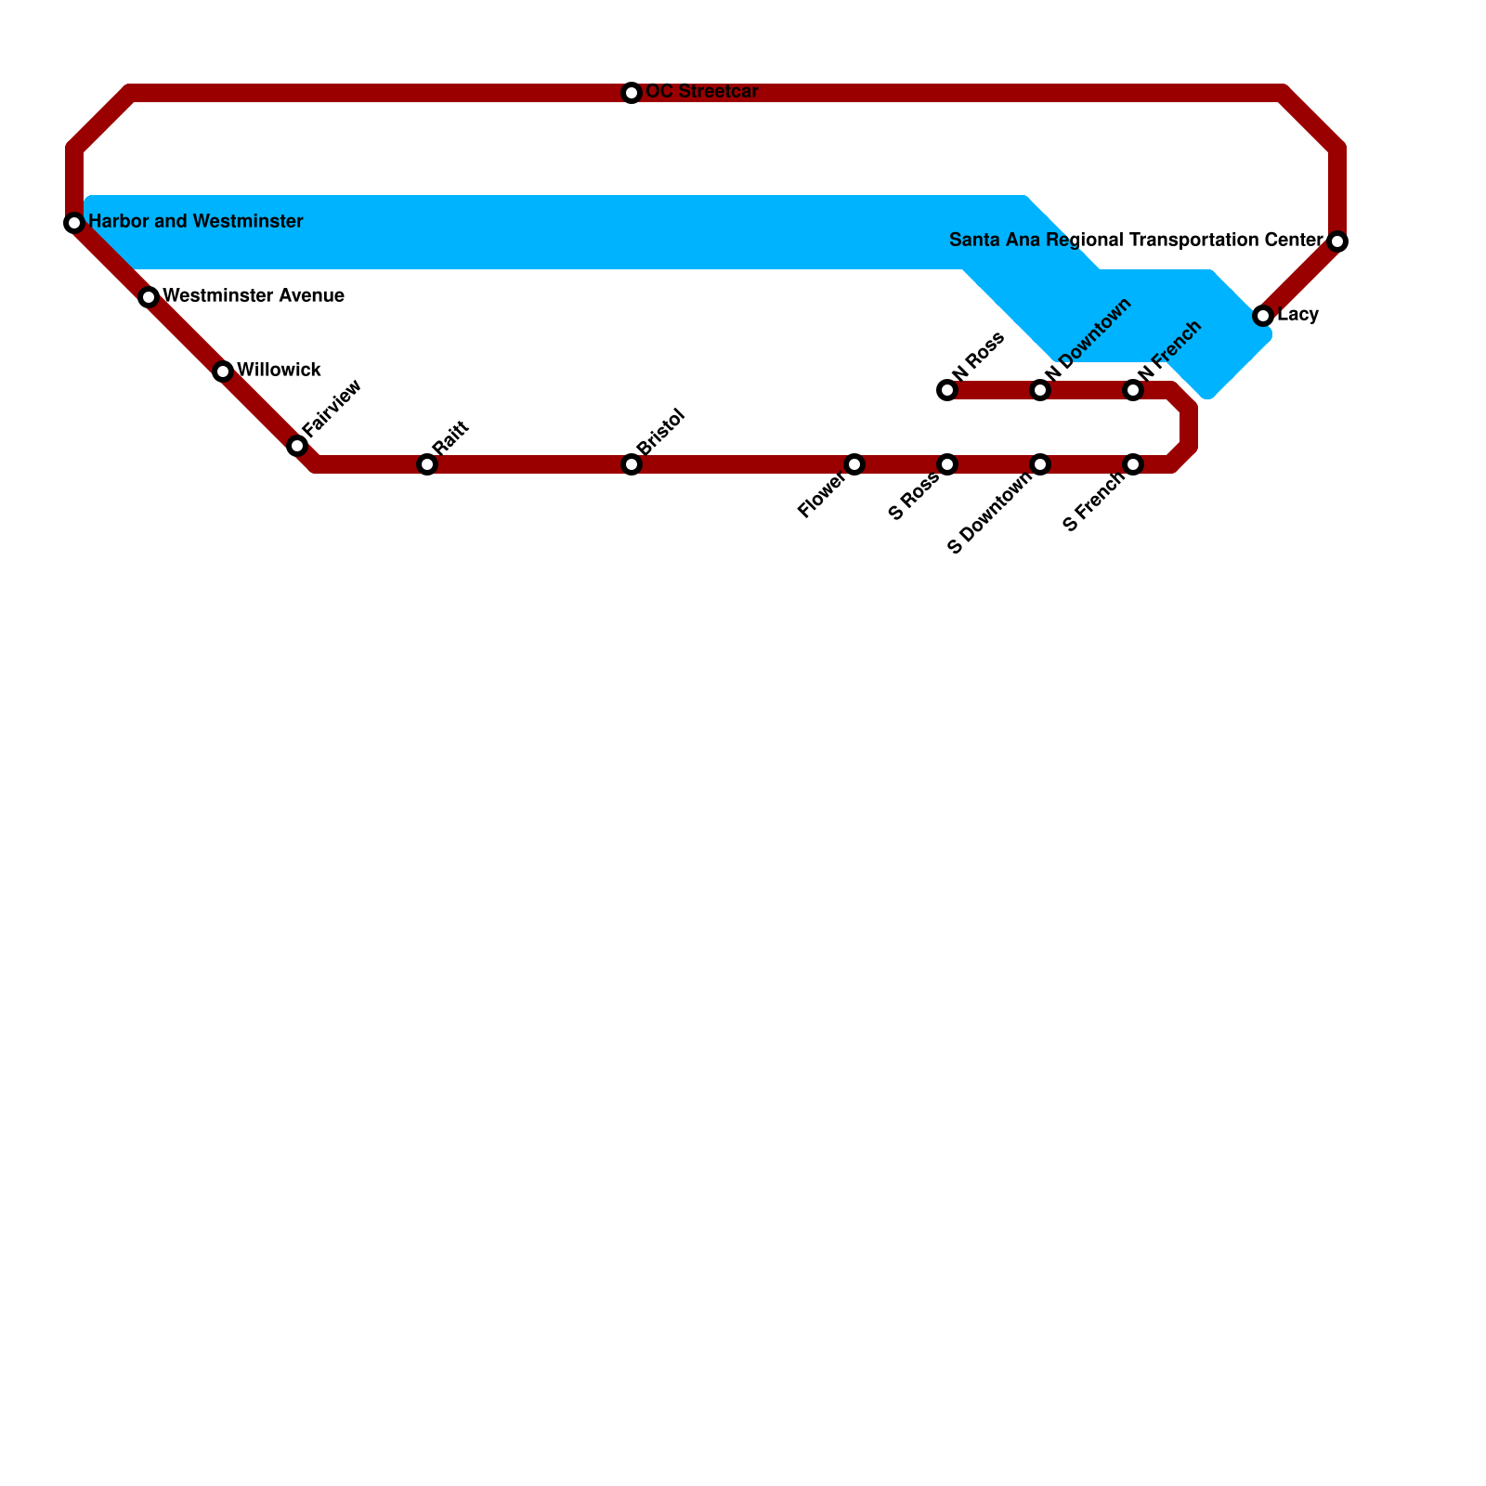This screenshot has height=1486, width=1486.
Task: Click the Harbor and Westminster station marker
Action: [x=74, y=223]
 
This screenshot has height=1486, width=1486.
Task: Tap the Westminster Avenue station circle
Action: [x=149, y=297]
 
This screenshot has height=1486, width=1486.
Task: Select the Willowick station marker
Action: [x=223, y=371]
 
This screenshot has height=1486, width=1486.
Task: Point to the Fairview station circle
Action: [x=297, y=446]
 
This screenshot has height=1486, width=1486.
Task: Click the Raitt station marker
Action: [x=427, y=464]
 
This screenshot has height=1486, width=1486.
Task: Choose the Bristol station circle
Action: [x=632, y=464]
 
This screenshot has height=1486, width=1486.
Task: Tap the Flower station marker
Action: [x=854, y=464]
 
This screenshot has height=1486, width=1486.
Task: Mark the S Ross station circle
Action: [x=947, y=464]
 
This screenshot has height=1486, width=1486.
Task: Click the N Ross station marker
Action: [x=947, y=390]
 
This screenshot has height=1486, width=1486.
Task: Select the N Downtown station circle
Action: [x=1040, y=390]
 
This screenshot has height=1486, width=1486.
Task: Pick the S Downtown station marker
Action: [x=1040, y=464]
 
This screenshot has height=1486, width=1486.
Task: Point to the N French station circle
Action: [x=1133, y=390]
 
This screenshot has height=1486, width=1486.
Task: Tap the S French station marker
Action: [x=1133, y=464]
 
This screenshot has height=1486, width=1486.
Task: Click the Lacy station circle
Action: [x=1263, y=316]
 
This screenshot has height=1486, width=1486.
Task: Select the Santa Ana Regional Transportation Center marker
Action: [x=1337, y=241]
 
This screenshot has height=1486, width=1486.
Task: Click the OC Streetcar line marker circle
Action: [x=632, y=93]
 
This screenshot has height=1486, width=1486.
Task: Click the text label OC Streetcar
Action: [x=702, y=92]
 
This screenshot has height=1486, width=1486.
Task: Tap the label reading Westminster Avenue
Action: [x=254, y=296]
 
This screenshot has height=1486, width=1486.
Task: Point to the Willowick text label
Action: [x=279, y=371]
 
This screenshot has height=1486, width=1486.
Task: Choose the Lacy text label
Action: [x=1297, y=315]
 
